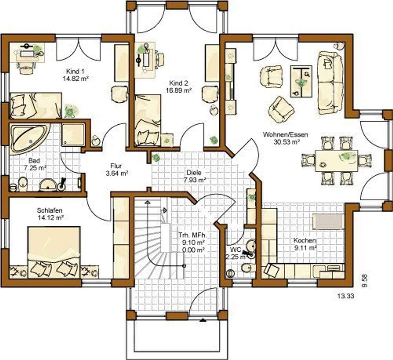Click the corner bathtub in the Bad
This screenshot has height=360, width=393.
tap(28, 138)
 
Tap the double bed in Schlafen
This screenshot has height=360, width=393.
tap(54, 252)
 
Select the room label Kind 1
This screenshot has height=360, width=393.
tap(76, 71)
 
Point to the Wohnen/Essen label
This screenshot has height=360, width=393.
tap(286, 135)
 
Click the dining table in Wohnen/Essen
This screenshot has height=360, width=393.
tap(336, 160)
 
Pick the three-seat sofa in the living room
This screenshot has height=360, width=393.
tap(330, 83)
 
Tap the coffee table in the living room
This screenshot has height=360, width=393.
tap(301, 81)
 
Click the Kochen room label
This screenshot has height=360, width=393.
tap(305, 241)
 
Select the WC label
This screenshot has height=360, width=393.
tap(236, 250)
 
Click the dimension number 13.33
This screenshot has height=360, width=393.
tap(346, 296)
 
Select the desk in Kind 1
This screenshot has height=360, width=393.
tap(30, 53)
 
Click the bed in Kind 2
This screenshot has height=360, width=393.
tap(147, 120)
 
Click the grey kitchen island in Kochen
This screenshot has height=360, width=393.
tap(327, 221)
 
